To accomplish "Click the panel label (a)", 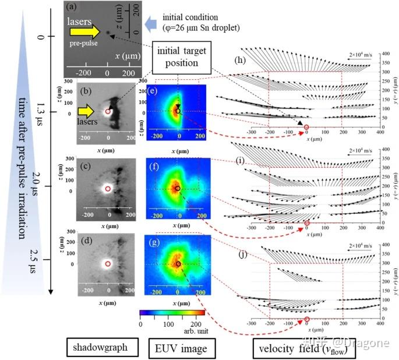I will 71,8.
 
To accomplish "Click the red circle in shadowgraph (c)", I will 108,189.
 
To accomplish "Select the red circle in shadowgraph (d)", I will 108,264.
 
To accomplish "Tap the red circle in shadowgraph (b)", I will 108,111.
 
